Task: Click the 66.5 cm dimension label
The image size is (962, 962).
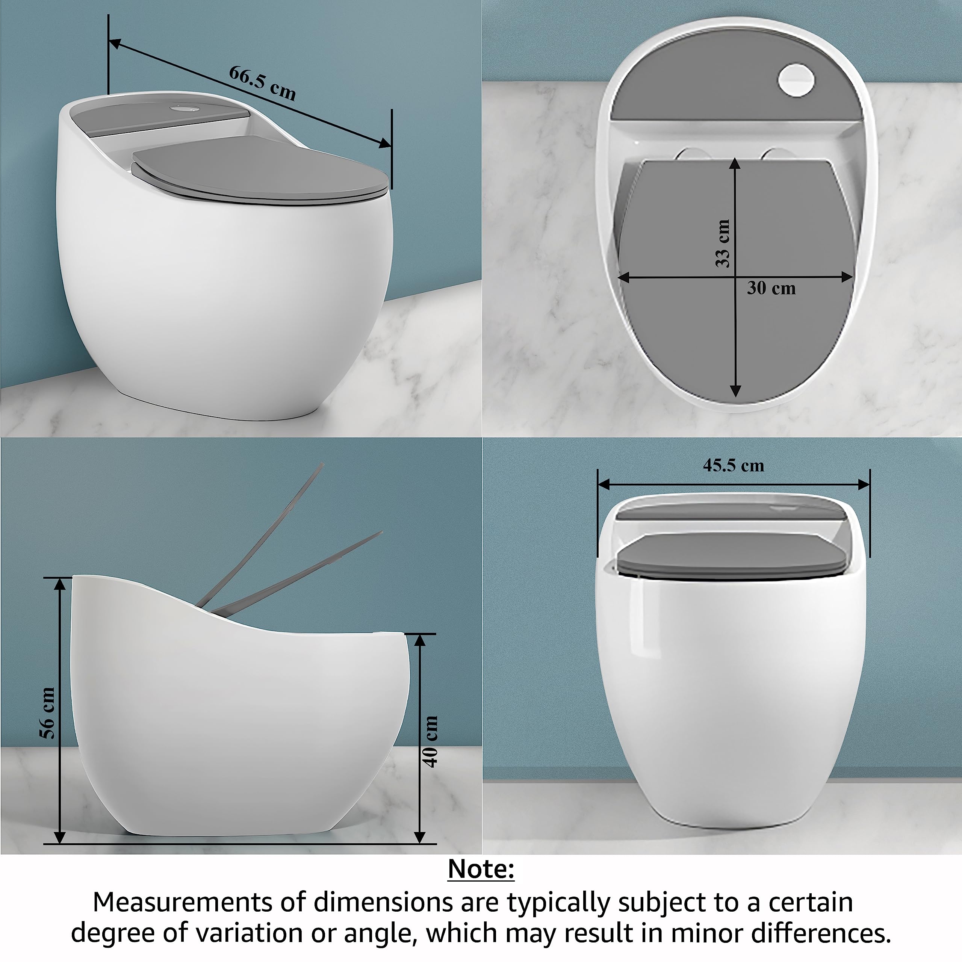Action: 262,83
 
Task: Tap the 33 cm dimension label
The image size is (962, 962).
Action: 723,243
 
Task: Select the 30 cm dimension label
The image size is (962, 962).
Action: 771,288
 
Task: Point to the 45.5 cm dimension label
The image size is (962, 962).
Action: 734,465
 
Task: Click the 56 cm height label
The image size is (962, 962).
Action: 47,712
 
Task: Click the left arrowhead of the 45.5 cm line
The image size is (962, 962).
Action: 604,484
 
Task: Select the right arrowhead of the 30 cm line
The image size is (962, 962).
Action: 847,277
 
